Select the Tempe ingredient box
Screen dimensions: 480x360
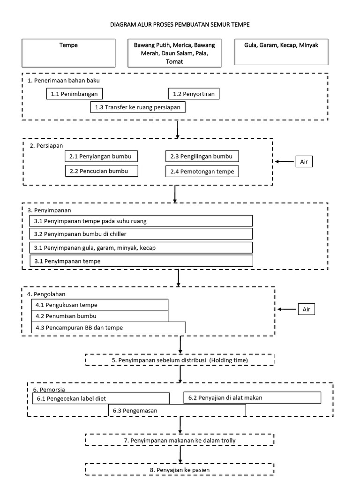(68, 52)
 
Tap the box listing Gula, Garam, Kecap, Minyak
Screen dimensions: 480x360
(281, 51)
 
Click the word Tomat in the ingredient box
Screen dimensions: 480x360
(174, 61)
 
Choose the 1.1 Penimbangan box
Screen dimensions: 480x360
(75, 94)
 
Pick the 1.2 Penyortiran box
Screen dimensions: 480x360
(194, 94)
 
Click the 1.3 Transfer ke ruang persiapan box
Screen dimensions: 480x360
(138, 107)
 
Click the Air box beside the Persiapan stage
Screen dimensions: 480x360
(304, 162)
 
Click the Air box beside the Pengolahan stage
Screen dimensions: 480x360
(306, 309)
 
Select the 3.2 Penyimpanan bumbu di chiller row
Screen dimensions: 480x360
(141, 233)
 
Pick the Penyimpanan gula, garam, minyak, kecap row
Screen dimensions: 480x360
(141, 247)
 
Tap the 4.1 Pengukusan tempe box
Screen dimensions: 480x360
(99, 305)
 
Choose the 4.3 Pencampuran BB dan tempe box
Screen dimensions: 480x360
(108, 327)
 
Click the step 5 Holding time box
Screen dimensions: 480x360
(180, 360)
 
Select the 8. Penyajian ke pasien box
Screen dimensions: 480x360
(180, 469)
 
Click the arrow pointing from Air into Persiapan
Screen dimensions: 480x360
(284, 162)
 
